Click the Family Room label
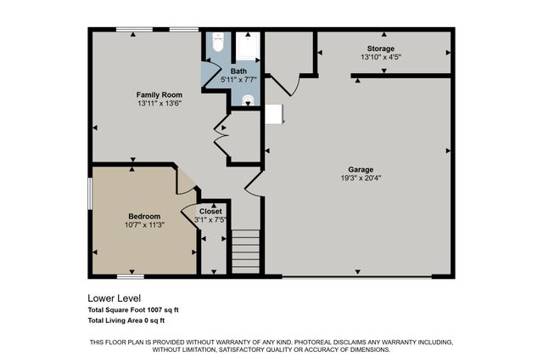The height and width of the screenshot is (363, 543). pos(160,94)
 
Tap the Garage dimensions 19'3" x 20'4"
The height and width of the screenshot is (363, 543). pos(360,178)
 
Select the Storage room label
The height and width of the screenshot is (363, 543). pos(381,48)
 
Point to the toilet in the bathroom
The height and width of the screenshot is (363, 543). pos(216,43)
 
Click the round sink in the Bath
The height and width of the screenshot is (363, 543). pos(247,99)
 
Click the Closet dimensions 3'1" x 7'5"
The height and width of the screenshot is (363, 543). pos(210,220)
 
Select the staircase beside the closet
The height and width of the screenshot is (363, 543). pos(245,251)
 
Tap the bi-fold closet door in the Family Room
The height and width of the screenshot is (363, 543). pos(222,136)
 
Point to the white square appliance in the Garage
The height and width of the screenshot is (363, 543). pos(274,115)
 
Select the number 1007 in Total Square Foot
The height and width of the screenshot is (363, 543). pos(160,310)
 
